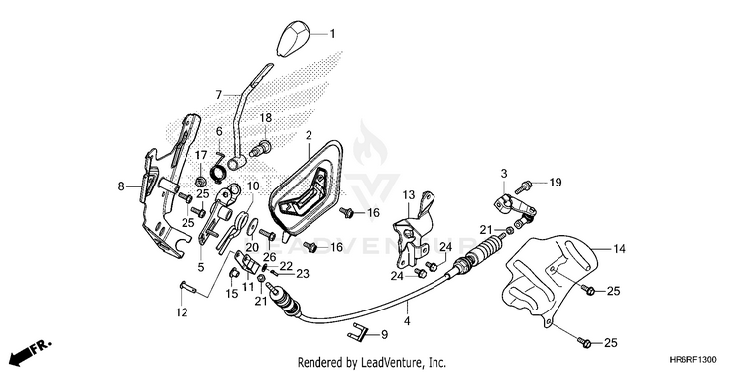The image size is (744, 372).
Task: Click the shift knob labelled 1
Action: [292, 39]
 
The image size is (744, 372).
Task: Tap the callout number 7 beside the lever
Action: [218, 95]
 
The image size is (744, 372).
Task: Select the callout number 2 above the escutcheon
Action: [309, 136]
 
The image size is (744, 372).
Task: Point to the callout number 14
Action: [619, 249]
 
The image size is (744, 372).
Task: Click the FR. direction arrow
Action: [30, 350]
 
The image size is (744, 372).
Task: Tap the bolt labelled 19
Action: [523, 187]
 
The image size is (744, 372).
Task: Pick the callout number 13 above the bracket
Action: [409, 195]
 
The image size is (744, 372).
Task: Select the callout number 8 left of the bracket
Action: [121, 186]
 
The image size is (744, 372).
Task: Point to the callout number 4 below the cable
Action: [407, 321]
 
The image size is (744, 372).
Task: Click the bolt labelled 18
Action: [261, 148]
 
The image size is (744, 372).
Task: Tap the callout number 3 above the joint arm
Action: [503, 173]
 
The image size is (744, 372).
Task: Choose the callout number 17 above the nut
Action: [201, 155]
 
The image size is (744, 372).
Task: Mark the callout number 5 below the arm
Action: [201, 267]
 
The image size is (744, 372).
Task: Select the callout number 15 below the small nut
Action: [231, 294]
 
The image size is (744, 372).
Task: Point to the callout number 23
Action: [303, 274]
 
